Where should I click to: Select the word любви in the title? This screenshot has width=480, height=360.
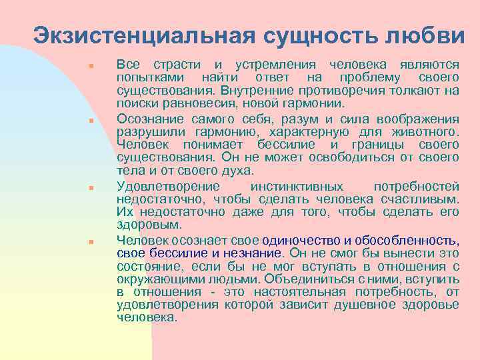point(427,35)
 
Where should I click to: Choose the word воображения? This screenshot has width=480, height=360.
point(417,119)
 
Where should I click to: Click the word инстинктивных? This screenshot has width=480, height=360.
point(296,186)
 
